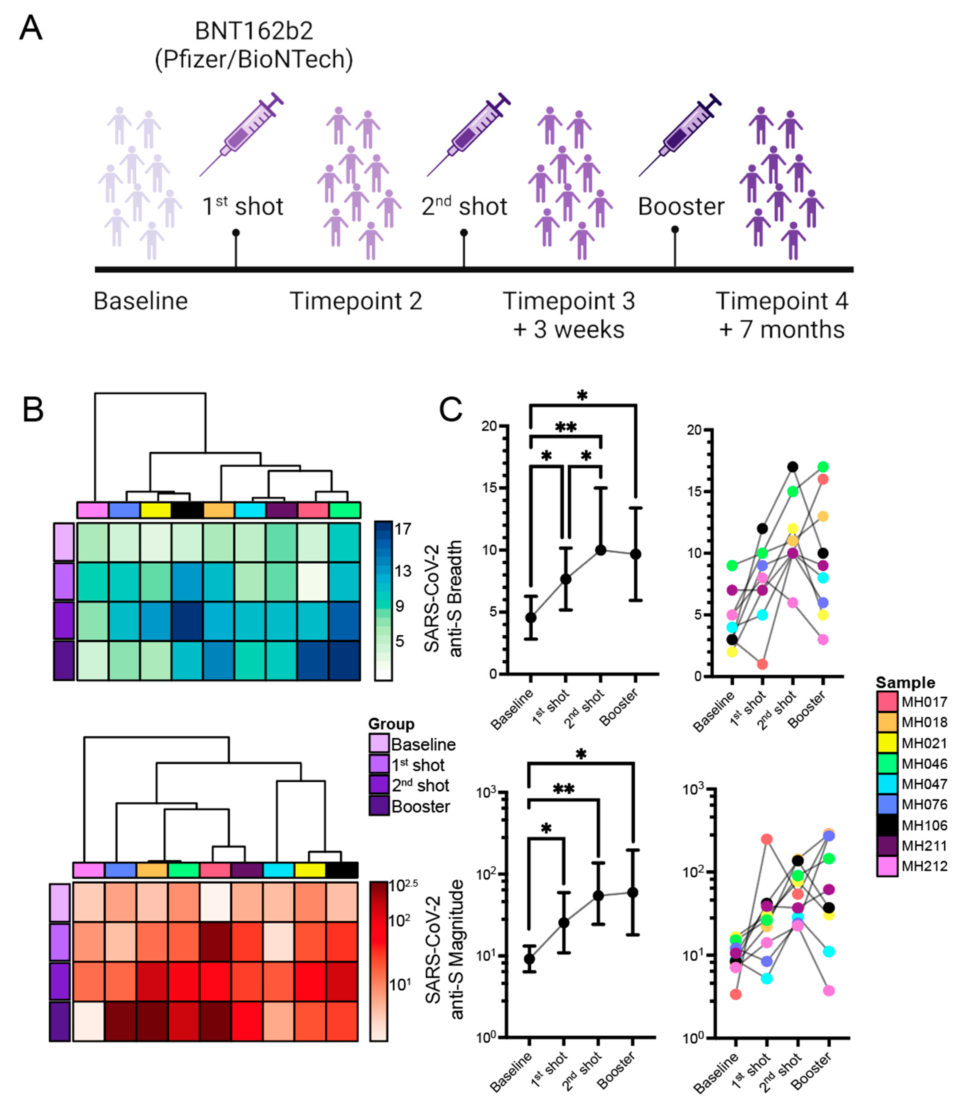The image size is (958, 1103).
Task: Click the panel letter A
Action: point(31,28)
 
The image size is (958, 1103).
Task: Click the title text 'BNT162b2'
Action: point(254,31)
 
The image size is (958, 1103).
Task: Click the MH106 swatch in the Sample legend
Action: point(887,825)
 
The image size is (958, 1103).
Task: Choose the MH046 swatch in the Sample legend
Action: point(887,764)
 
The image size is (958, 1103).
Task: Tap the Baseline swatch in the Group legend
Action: point(379,743)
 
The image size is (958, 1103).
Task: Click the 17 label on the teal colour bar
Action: point(403,528)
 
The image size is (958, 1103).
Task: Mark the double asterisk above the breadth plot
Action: point(566,427)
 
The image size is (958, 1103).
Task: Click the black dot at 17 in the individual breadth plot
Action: point(792,467)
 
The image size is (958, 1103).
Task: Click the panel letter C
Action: point(450,410)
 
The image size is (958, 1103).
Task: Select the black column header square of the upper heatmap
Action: point(187,510)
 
